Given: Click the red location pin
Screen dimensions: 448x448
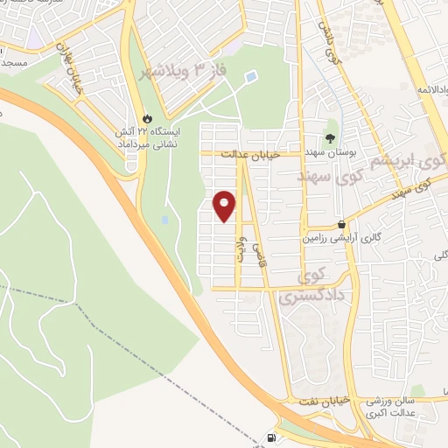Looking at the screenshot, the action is pos(225,206).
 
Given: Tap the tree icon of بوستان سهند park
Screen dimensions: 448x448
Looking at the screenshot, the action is pos(330,137).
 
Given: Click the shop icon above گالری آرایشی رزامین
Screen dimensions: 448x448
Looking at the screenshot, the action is pos(340,224).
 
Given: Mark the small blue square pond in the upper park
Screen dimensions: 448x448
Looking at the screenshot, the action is pos(252,77).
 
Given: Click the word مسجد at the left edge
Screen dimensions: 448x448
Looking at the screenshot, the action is pos(14,64).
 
